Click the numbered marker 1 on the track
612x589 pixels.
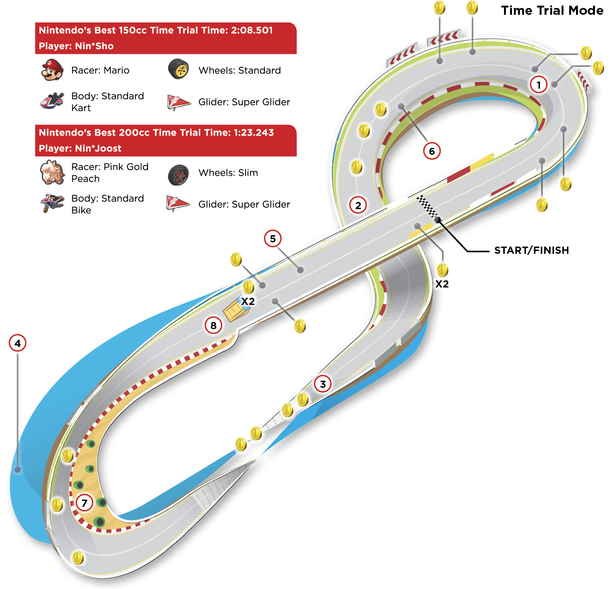coord(538,84)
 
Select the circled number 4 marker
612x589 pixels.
coord(17,343)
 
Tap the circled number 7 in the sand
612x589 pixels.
coord(85,503)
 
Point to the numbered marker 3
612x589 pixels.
coord(323,384)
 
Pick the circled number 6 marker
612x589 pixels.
coord(432,151)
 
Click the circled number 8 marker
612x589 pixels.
coord(213,325)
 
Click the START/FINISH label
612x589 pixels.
coord(531,250)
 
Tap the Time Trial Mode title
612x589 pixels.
coord(552,11)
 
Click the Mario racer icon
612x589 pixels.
coord(52,70)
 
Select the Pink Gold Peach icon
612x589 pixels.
coord(52,172)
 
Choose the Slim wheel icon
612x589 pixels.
coord(178,175)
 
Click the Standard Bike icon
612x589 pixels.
coord(52,203)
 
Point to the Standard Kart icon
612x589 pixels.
coord(52,101)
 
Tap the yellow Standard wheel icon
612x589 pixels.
coord(178,69)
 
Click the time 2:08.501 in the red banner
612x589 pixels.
coord(252,30)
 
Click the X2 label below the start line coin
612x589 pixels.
coord(442,284)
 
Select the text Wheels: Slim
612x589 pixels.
coord(228,173)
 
